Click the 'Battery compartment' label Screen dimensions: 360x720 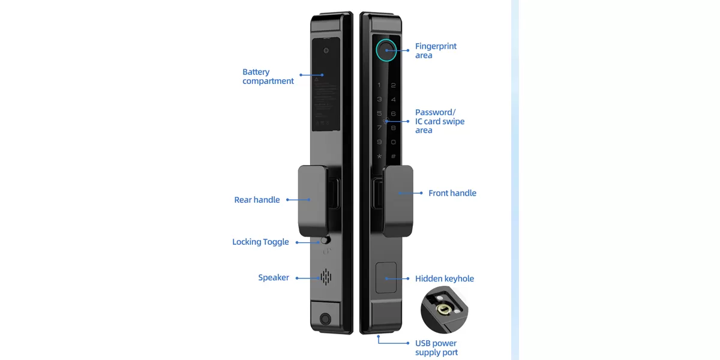(268, 77)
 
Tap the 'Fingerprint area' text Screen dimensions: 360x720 (436, 51)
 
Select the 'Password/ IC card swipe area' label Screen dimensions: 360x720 (439, 121)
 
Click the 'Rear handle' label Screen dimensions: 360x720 (257, 200)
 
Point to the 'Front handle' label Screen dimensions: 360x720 (452, 193)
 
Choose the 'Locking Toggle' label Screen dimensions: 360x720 (260, 242)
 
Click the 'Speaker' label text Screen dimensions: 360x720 (273, 278)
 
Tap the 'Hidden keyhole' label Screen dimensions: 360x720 (444, 278)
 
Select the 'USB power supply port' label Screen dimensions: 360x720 (436, 348)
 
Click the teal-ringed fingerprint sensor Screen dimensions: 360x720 (386, 50)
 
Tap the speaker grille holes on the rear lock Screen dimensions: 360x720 (326, 277)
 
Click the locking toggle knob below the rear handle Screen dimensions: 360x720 (326, 241)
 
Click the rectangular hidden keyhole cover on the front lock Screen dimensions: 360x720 (386, 278)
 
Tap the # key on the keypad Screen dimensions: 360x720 (394, 157)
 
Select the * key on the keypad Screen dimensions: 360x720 (379, 157)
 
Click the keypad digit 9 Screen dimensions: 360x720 (379, 142)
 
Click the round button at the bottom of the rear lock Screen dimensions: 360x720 (325, 319)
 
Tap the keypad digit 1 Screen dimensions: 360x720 (379, 86)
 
